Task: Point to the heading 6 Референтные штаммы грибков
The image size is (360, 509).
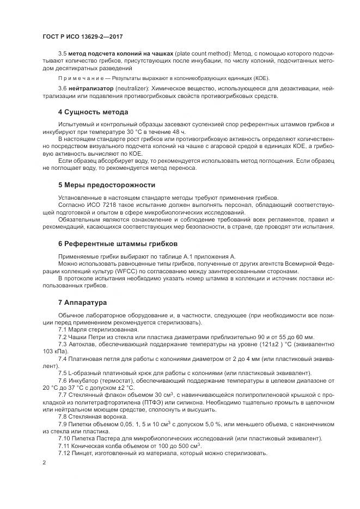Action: (x=118, y=243)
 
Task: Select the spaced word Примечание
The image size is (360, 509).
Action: (x=80, y=78)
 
